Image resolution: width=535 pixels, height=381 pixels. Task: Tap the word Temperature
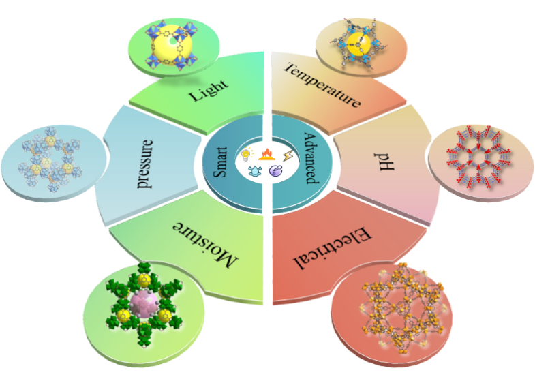322,86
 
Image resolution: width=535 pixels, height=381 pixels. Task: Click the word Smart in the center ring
223,163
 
